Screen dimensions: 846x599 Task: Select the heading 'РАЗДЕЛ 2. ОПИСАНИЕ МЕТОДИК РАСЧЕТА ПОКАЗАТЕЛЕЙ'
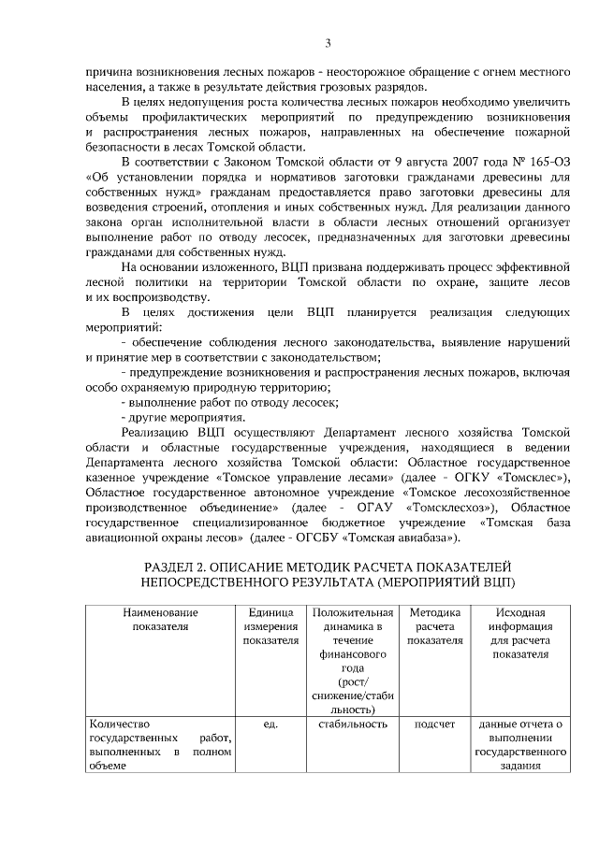[328, 567]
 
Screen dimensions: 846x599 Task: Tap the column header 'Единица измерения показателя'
[270, 625]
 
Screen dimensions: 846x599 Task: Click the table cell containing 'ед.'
[270, 724]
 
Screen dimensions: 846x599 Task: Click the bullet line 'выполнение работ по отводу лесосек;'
[229, 401]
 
